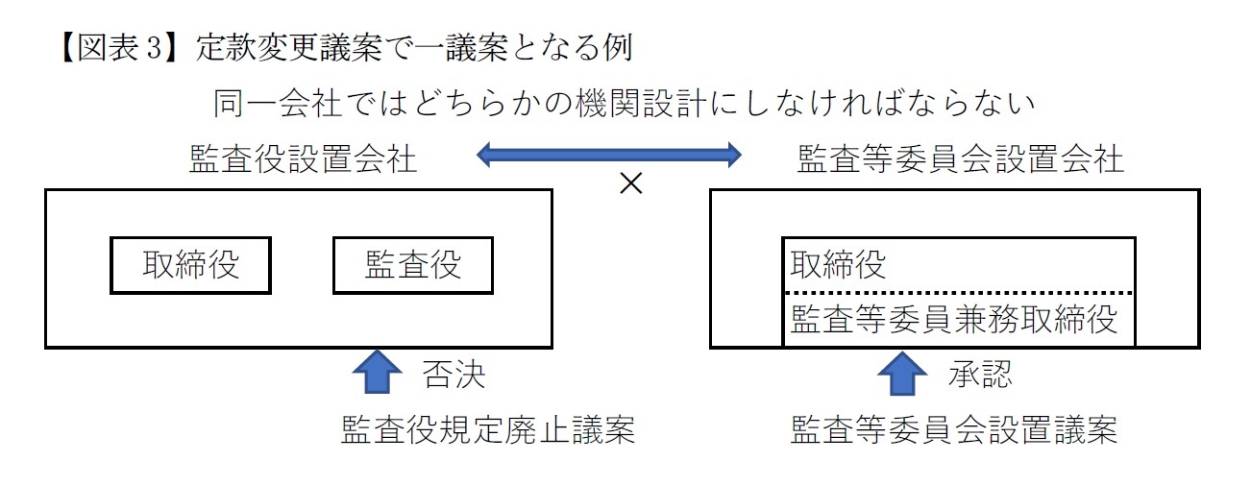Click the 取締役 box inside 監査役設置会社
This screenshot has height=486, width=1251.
(190, 265)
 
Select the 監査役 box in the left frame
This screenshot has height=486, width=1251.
(412, 265)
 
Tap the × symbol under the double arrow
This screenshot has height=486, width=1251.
(630, 184)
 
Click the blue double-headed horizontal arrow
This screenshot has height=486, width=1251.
(610, 152)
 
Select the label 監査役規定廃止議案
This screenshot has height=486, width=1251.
(488, 430)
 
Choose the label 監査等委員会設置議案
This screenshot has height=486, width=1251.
(953, 430)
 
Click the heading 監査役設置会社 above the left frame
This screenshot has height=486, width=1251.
(304, 159)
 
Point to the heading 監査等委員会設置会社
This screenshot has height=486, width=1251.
(960, 159)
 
